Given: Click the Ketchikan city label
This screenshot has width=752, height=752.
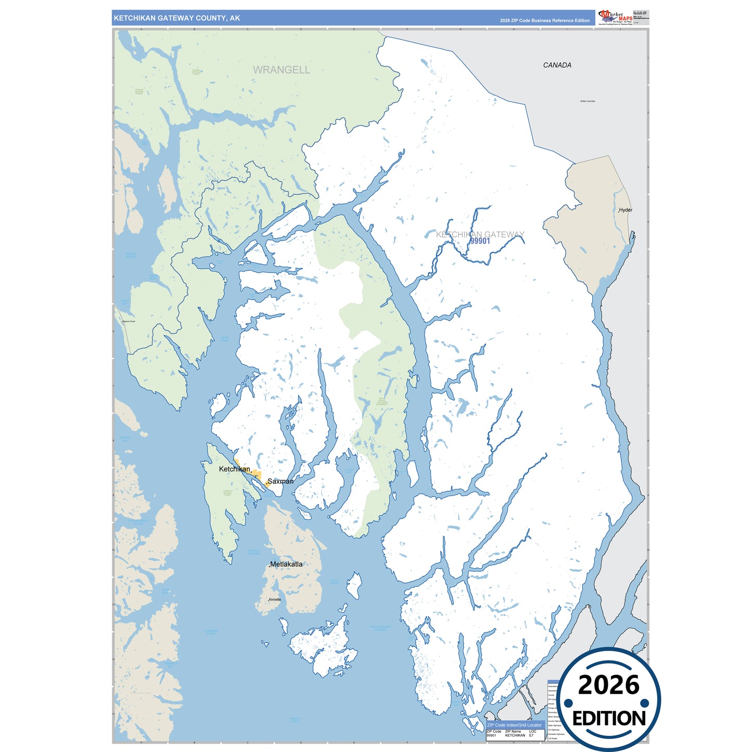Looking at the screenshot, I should coord(235,469).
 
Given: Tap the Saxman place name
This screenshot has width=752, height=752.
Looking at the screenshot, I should coord(281,481).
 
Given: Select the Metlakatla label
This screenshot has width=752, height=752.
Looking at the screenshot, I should coord(286,564).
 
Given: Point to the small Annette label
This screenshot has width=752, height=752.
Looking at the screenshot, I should coord(275,600).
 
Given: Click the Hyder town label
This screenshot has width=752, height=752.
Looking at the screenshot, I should coord(626,210).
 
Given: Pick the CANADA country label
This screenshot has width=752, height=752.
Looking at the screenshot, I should coord(557,65).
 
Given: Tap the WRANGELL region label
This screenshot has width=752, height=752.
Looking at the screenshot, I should coord(281,70).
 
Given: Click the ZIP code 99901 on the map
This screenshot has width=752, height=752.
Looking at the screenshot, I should coord(480,241).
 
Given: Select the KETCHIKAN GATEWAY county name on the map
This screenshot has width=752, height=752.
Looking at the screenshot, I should coord(480,234).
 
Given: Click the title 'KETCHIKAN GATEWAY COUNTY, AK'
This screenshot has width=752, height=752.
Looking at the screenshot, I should coord(177,18).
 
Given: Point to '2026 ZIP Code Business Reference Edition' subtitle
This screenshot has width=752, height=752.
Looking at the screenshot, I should coord(544,21).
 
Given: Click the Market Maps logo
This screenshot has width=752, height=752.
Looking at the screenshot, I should coord(616,17).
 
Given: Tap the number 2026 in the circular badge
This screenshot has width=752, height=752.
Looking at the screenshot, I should coord(608,685).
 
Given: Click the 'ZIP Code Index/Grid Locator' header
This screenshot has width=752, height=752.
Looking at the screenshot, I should coord(514,725).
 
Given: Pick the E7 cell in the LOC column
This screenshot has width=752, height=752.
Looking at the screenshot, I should coord(531,735).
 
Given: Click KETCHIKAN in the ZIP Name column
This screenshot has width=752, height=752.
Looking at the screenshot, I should coord(515,735).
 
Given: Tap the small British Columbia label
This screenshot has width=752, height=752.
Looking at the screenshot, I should coord(588,101).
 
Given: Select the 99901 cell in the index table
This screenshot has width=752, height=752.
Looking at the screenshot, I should coord(491,735).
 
